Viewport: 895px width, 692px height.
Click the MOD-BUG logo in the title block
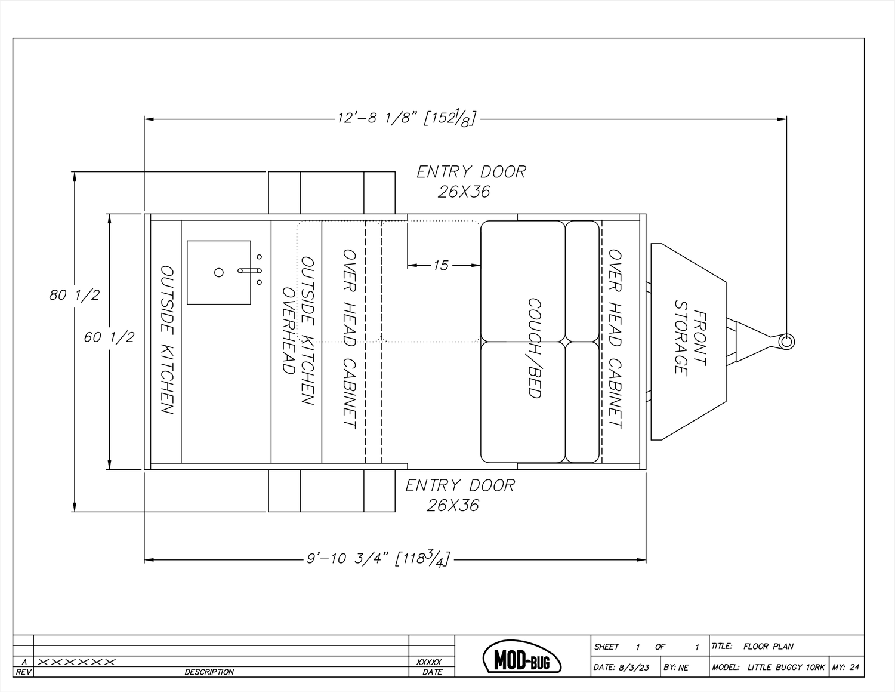click(x=522, y=657)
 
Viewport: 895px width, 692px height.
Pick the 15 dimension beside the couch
click(x=440, y=265)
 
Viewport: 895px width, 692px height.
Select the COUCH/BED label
click(x=534, y=347)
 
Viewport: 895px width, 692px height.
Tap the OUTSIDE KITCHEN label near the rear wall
click(x=168, y=340)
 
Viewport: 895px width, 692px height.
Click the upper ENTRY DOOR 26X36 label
click(x=471, y=182)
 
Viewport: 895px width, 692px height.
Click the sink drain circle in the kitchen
click(x=219, y=272)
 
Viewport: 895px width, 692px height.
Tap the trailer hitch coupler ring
click(x=786, y=342)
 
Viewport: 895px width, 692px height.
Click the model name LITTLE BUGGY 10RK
click(x=785, y=668)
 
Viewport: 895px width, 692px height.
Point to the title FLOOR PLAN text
click(x=768, y=646)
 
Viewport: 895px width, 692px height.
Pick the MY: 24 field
click(x=845, y=668)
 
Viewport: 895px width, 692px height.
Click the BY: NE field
click(x=676, y=668)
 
